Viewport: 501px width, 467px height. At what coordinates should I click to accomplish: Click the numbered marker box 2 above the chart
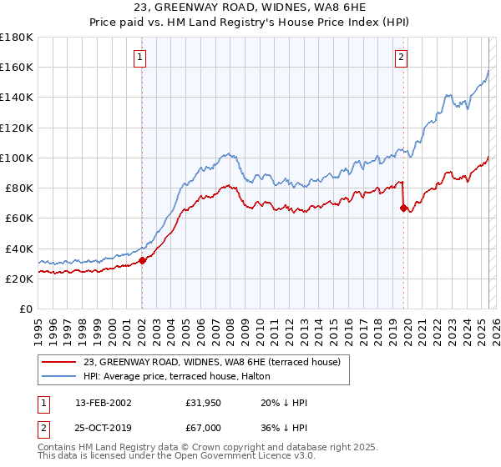point(402,58)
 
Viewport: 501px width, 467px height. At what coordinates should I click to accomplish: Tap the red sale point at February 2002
point(142,260)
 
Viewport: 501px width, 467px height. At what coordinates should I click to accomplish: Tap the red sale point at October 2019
point(403,208)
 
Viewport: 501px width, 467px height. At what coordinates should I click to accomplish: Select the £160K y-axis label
point(17,67)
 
